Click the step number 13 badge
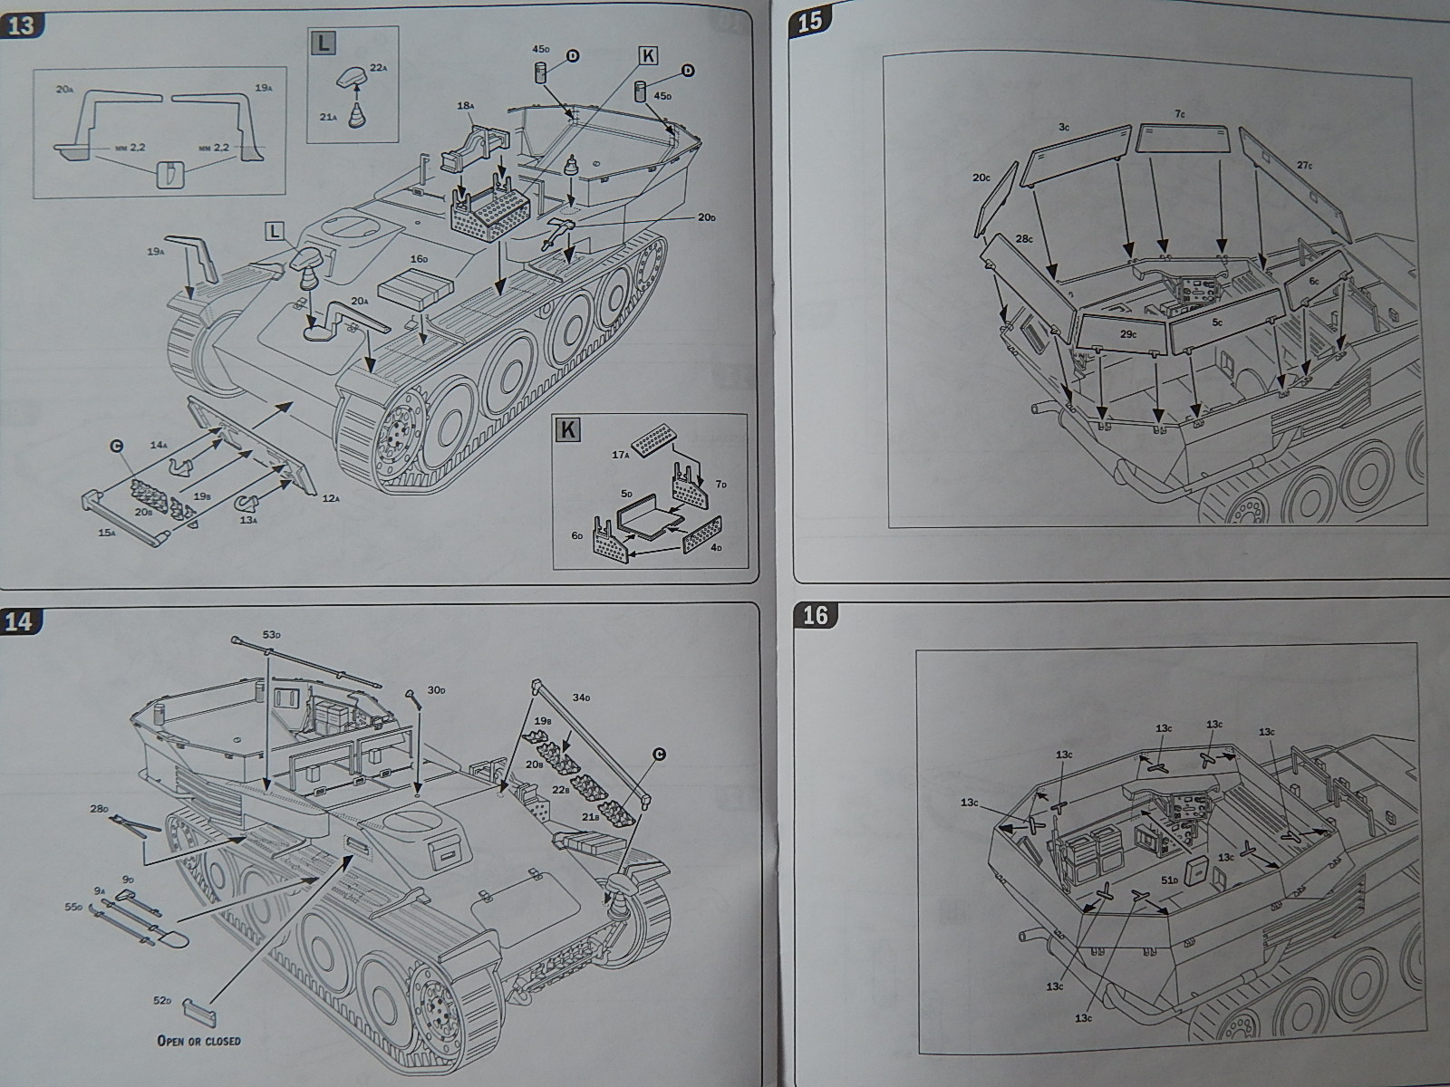click(x=20, y=24)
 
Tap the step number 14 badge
click(x=20, y=621)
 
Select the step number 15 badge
click(x=809, y=21)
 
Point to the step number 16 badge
click(x=815, y=615)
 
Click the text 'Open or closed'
click(x=199, y=1040)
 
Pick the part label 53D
click(x=271, y=635)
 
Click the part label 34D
click(x=582, y=697)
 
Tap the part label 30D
click(x=437, y=690)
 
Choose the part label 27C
click(x=1304, y=165)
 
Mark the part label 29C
click(x=1127, y=334)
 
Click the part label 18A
click(x=466, y=106)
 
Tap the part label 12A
click(x=330, y=497)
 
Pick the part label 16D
click(x=419, y=258)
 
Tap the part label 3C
click(x=1064, y=128)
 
